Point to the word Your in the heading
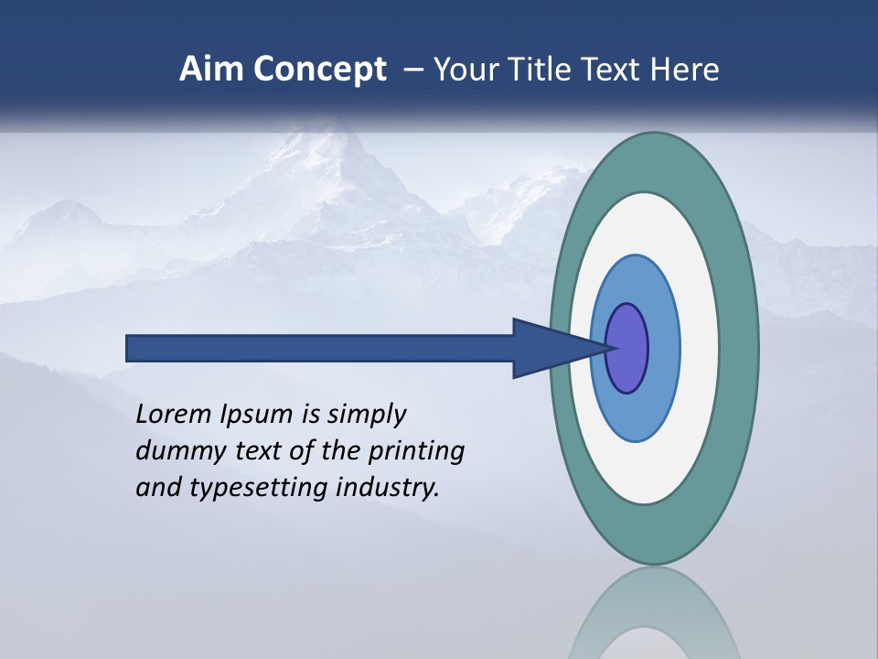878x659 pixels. coord(468,70)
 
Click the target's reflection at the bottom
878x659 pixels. coord(654,613)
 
